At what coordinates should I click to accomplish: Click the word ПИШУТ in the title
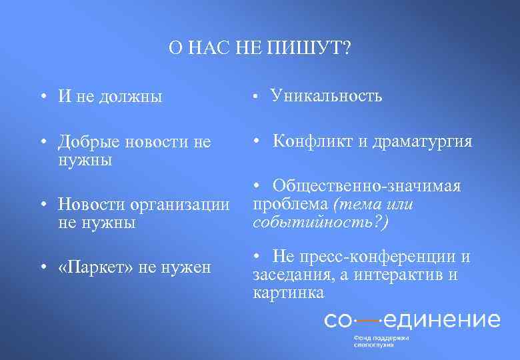tap(310, 48)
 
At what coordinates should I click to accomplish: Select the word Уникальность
tap(326, 96)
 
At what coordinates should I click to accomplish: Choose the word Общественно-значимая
tap(366, 187)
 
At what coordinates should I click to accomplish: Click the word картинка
tap(289, 292)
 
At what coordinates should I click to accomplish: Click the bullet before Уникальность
tap(256, 97)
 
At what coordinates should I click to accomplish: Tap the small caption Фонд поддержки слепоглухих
tap(381, 341)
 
